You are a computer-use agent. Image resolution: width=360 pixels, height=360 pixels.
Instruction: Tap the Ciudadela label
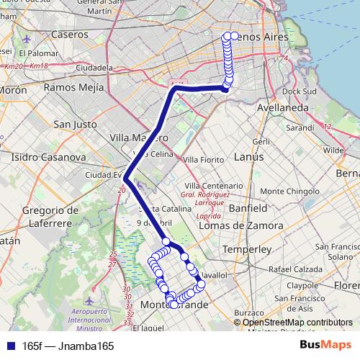[x=91, y=68]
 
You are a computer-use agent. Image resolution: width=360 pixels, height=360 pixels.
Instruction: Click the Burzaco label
[x=249, y=313]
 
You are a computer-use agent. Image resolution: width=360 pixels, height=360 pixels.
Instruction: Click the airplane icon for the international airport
[x=89, y=300]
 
